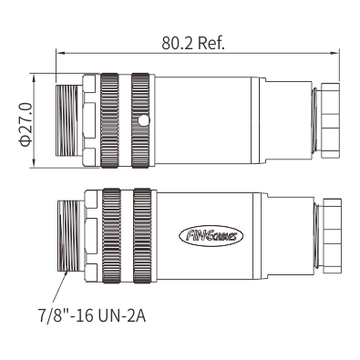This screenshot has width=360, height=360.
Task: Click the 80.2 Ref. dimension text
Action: tap(193, 43)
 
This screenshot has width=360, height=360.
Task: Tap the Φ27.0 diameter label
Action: tap(26, 125)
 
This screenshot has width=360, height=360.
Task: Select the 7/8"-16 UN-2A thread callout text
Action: tap(92, 315)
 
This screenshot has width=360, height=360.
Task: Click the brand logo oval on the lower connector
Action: tap(211, 235)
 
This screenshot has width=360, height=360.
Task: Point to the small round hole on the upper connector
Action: tap(143, 120)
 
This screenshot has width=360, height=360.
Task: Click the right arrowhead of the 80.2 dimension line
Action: tap(334, 53)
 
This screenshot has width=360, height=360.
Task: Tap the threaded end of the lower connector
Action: tap(70, 236)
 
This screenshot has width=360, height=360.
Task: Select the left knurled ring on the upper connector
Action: tap(109, 120)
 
